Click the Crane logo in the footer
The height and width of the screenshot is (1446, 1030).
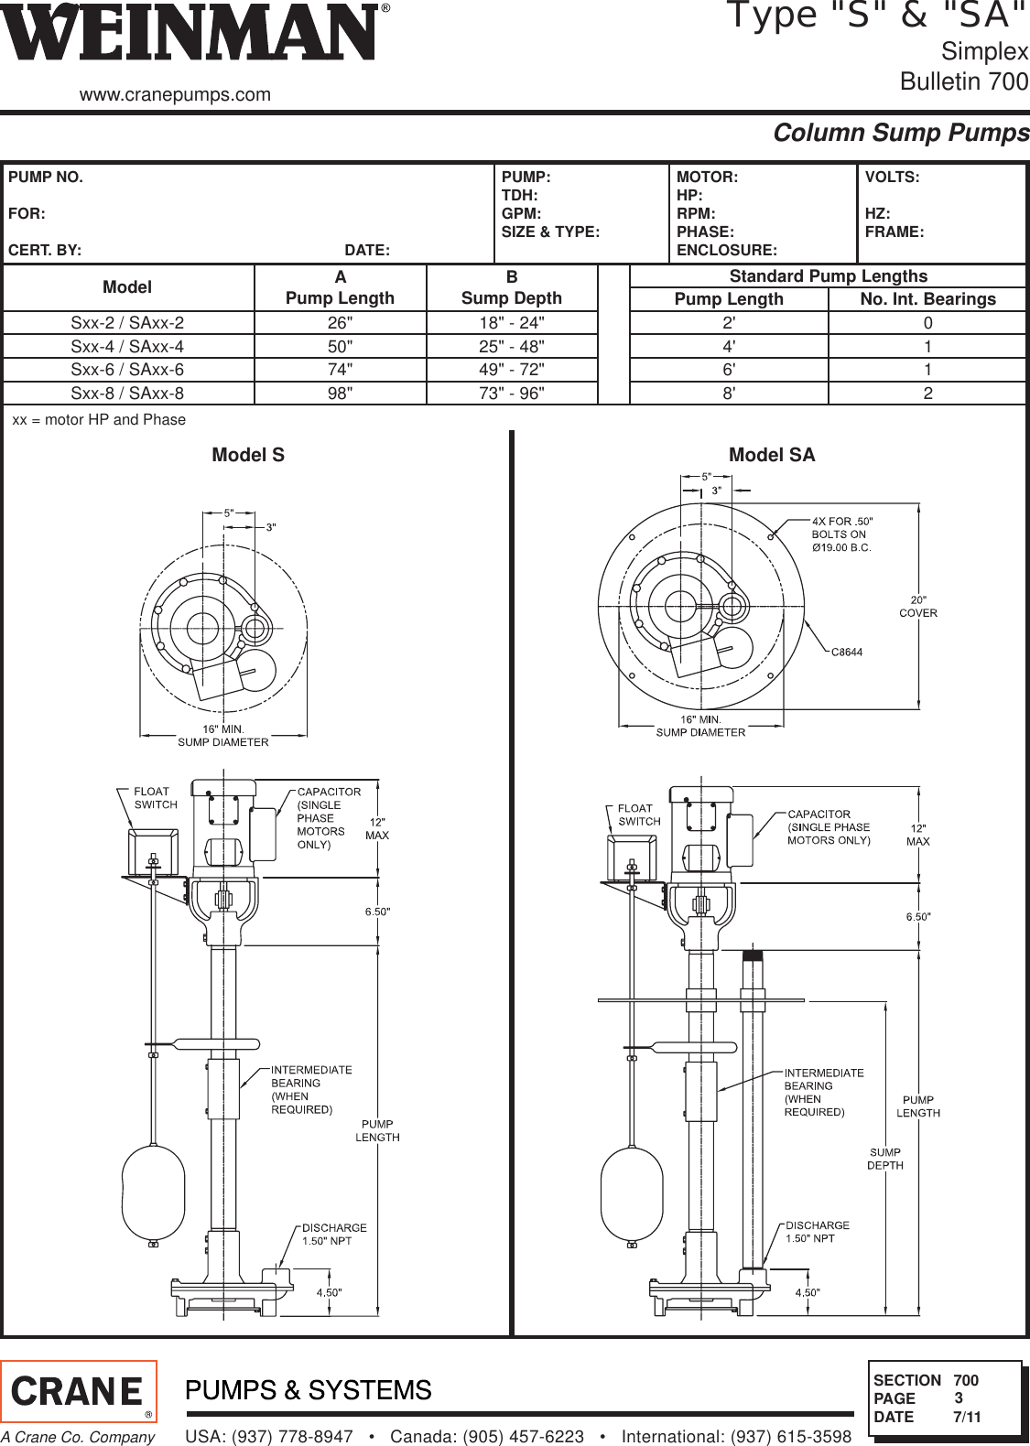79,1392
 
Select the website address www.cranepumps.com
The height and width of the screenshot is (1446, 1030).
176,94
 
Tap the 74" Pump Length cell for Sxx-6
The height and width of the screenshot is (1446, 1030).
340,370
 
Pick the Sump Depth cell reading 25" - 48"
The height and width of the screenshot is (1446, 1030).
512,347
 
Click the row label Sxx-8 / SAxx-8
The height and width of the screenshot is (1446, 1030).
127,394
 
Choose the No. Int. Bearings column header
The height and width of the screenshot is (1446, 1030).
927,299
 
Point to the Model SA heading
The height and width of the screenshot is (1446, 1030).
771,455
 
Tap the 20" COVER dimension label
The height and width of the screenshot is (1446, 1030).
917,607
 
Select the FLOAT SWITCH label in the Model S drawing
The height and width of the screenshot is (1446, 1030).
156,797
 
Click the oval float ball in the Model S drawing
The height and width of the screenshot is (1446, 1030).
154,1191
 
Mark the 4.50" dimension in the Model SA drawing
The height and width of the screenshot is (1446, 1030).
807,1292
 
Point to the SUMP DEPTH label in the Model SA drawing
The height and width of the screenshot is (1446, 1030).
884,1159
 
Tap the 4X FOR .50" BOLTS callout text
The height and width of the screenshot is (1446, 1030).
840,534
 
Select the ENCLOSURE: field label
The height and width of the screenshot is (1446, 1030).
726,250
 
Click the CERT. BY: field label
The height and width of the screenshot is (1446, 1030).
44,250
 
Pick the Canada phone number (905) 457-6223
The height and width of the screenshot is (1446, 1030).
486,1437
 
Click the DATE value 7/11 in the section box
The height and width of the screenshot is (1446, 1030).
966,1417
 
